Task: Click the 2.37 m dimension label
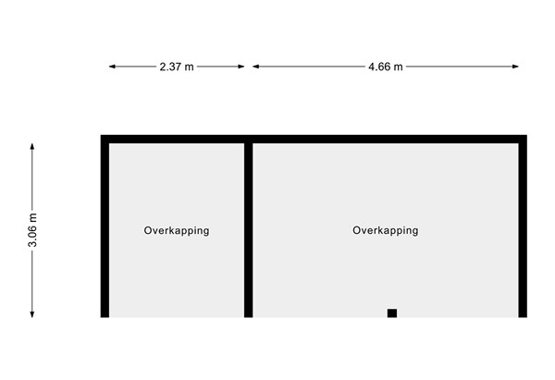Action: coord(177,67)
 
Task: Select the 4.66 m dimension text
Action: coord(386,67)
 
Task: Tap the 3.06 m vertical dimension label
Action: coord(32,230)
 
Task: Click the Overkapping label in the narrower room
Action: coord(177,231)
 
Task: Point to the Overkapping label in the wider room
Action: coord(386,231)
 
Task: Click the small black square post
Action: coord(392,313)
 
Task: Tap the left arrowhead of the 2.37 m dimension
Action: coord(112,67)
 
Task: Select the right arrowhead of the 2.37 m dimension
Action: coord(240,67)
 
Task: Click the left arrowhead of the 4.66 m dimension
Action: coord(256,67)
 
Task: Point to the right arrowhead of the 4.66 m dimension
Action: coord(515,67)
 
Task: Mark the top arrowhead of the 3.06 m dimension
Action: coord(32,147)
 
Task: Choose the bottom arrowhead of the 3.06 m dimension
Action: coord(32,313)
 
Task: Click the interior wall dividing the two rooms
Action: coord(249,230)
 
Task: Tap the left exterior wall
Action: coord(105,227)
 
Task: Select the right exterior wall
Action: coord(523,227)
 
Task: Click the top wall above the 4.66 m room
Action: coord(386,139)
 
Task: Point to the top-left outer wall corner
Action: coord(101,135)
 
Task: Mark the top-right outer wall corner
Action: coord(526,135)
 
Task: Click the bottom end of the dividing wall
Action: coord(249,317)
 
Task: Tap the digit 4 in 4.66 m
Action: coord(371,67)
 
